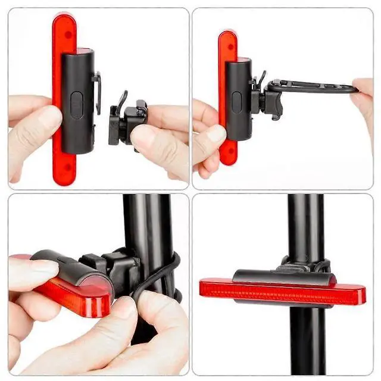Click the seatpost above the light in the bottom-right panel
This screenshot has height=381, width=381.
[305, 226]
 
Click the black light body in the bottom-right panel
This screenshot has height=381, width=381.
[280, 276]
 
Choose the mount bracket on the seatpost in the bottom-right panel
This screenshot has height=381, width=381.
[304, 266]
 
